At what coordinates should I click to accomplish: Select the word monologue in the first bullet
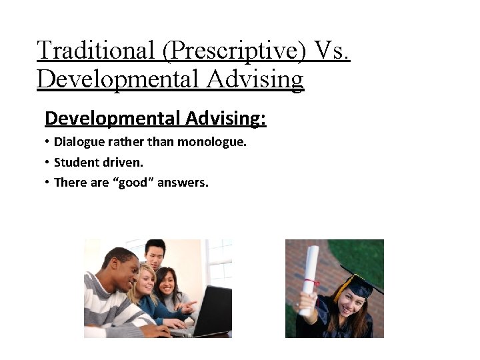coord(215,142)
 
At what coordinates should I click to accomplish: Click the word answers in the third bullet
coord(184,182)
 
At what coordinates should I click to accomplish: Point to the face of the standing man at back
coord(155,255)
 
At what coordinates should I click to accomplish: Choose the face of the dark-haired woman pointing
coord(169,283)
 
